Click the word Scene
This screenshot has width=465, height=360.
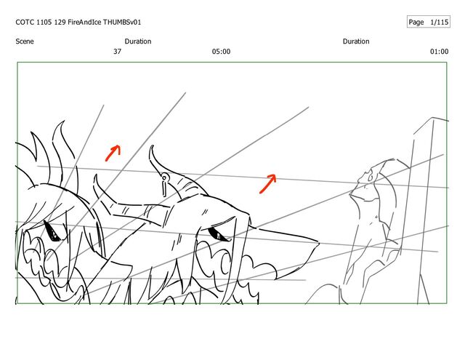(25, 41)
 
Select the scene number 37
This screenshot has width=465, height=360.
(118, 52)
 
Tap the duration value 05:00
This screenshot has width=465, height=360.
(221, 52)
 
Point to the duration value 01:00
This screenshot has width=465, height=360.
(439, 52)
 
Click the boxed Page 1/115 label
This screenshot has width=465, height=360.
(429, 22)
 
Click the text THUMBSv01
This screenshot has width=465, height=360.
(122, 23)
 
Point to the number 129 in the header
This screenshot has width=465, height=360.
(60, 23)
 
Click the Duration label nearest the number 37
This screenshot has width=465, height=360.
(138, 41)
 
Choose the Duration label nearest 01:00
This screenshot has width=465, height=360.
(356, 41)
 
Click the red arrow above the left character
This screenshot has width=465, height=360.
(113, 153)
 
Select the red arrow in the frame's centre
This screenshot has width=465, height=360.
(268, 184)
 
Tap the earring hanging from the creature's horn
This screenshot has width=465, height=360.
(164, 185)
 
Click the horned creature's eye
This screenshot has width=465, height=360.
(218, 234)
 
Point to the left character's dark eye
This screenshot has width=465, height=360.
(52, 231)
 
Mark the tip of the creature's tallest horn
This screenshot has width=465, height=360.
(152, 145)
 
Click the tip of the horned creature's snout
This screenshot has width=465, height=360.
(318, 244)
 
